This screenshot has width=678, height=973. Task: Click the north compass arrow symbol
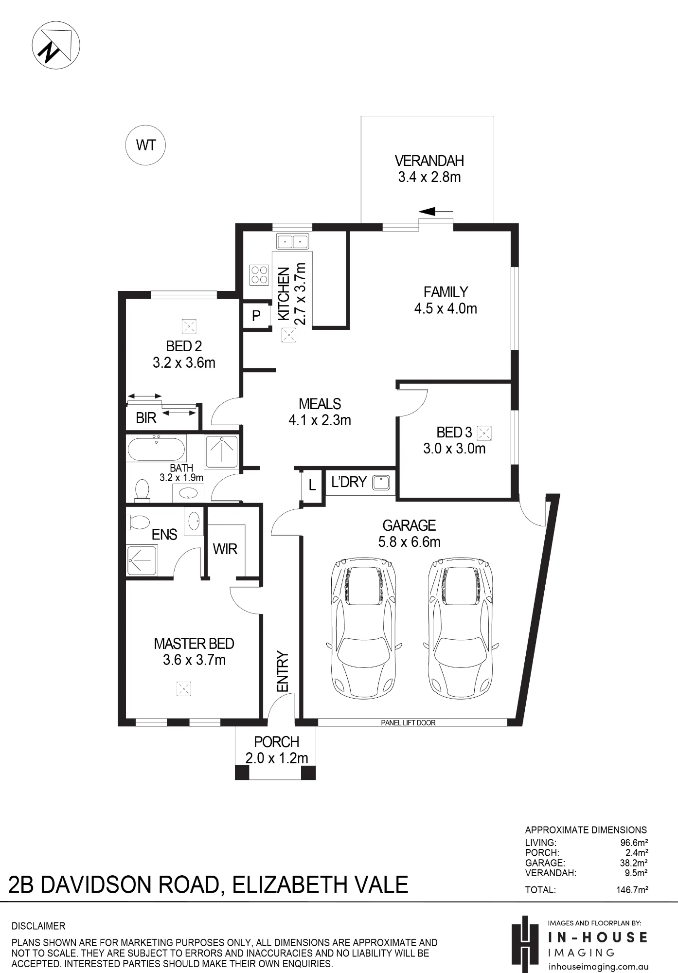[55, 45]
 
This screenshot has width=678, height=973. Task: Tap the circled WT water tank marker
[145, 145]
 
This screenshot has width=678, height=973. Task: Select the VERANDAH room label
[429, 161]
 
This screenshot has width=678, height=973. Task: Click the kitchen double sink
[292, 241]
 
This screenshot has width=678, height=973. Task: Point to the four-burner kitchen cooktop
[259, 274]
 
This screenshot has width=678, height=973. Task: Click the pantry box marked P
[256, 316]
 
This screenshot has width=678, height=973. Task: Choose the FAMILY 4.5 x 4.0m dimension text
[446, 308]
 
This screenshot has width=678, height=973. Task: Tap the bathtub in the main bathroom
[156, 449]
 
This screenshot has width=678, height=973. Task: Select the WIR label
[225, 549]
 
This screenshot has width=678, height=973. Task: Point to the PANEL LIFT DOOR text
[408, 723]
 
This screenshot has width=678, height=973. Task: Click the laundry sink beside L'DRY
[381, 483]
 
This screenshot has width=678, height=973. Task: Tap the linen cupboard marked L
[312, 485]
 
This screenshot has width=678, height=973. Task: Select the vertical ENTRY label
[283, 671]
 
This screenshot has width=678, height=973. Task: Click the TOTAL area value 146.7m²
[632, 890]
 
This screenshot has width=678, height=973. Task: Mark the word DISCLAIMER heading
[38, 926]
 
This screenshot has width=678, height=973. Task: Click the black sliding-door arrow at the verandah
[435, 212]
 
